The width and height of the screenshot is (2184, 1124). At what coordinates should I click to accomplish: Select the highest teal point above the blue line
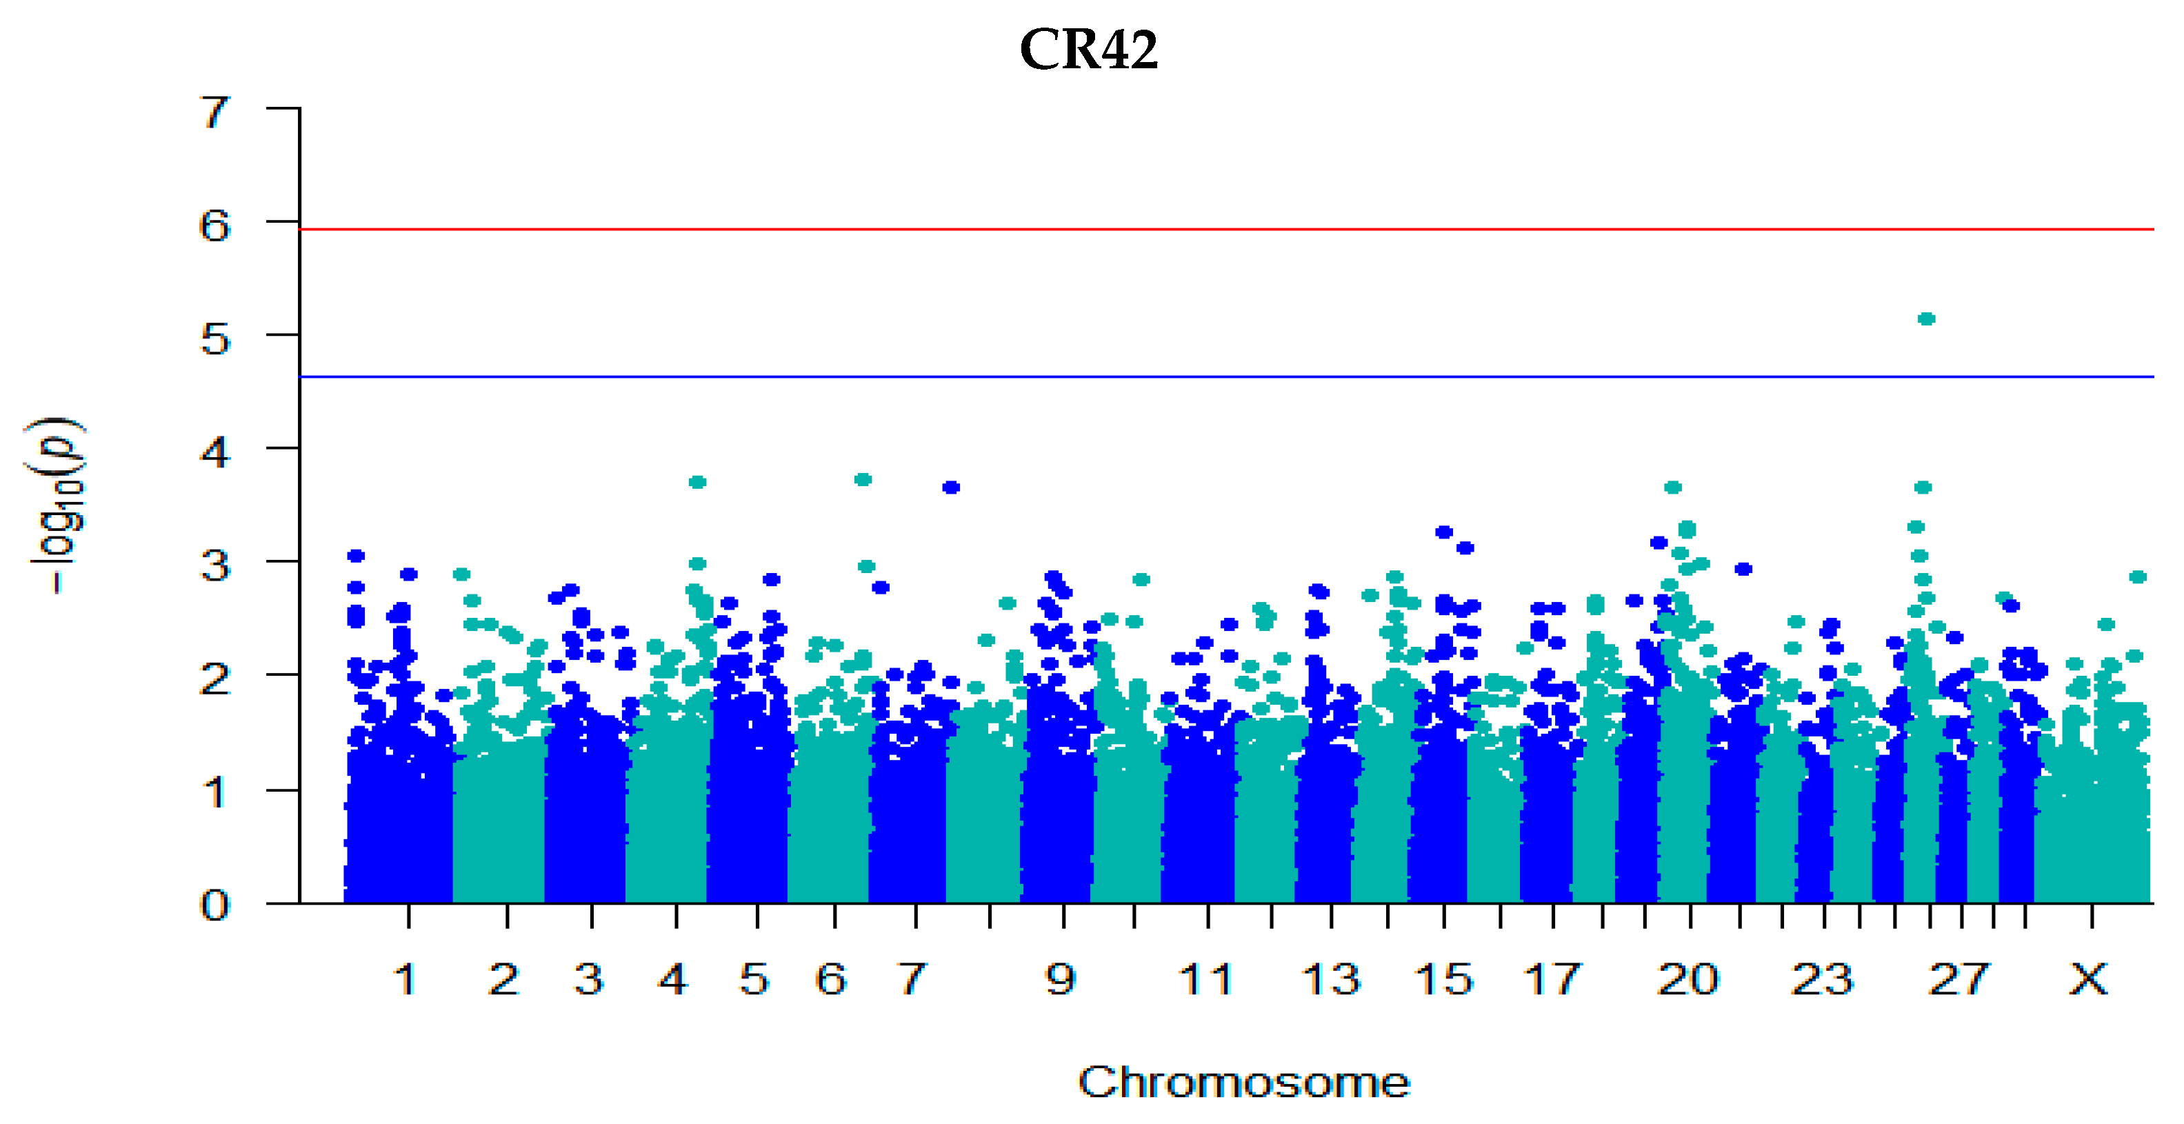click(x=1926, y=319)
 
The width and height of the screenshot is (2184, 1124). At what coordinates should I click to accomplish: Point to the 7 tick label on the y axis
click(x=214, y=112)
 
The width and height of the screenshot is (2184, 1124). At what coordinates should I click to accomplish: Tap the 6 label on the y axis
click(x=214, y=226)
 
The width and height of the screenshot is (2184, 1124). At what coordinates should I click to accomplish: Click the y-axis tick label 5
click(x=214, y=340)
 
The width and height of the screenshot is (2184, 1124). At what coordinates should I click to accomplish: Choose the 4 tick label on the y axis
click(x=214, y=452)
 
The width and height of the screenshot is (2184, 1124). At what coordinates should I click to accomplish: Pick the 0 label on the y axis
click(x=214, y=905)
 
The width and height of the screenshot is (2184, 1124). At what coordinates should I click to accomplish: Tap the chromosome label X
click(x=2087, y=980)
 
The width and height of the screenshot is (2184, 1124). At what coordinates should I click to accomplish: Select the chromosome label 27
click(x=1958, y=980)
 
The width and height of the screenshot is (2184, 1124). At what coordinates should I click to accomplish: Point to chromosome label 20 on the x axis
click(x=1687, y=980)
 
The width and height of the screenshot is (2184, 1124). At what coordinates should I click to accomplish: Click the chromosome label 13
click(x=1330, y=980)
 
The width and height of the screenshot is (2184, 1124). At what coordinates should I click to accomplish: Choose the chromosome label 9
click(x=1061, y=980)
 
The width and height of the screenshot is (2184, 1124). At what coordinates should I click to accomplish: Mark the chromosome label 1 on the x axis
click(x=406, y=980)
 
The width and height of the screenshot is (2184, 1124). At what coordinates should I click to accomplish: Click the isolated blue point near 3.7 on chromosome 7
click(x=951, y=488)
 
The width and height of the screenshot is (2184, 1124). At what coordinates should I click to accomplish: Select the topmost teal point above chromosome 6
click(x=863, y=480)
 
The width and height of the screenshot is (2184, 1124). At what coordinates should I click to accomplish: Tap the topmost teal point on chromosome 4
click(x=698, y=482)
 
